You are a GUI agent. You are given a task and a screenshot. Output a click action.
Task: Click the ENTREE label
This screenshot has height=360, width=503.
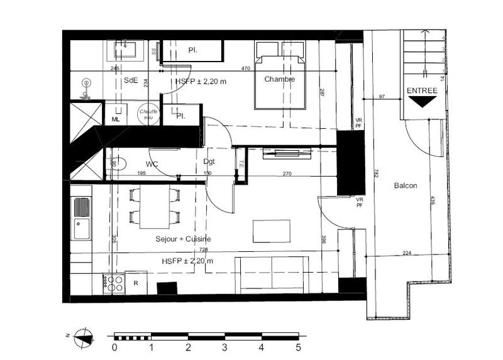(421, 90)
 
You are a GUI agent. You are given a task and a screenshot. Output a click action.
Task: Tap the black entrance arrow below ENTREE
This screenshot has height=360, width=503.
(421, 101)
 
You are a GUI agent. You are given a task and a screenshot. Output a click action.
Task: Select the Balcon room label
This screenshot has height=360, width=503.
(406, 186)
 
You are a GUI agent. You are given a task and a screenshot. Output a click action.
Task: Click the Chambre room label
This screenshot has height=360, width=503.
(279, 79)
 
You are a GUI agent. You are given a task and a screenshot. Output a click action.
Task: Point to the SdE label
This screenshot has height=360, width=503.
(131, 80)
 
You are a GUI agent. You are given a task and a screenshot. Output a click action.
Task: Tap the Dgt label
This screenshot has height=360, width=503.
(209, 161)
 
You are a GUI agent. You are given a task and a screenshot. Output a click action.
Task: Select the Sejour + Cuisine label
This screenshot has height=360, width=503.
(183, 239)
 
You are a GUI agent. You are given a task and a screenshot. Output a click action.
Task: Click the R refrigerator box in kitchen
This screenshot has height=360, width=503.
(136, 283)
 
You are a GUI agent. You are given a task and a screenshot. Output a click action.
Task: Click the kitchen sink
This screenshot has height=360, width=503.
(81, 217)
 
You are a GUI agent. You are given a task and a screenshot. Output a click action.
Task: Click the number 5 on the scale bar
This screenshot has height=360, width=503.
(298, 347)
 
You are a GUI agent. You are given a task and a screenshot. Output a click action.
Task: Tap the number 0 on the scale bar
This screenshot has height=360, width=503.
(114, 347)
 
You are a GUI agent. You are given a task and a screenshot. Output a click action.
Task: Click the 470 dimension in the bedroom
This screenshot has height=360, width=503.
(247, 68)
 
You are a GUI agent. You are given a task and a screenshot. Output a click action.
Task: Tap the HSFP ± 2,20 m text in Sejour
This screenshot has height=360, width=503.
(187, 261)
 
